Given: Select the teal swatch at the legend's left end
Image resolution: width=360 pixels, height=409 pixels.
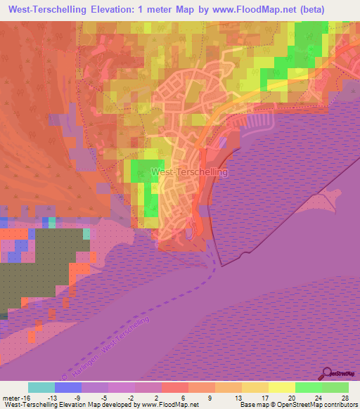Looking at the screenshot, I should coord(41,387).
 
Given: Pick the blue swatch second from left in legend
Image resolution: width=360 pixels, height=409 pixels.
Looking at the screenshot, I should coord(68,387).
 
